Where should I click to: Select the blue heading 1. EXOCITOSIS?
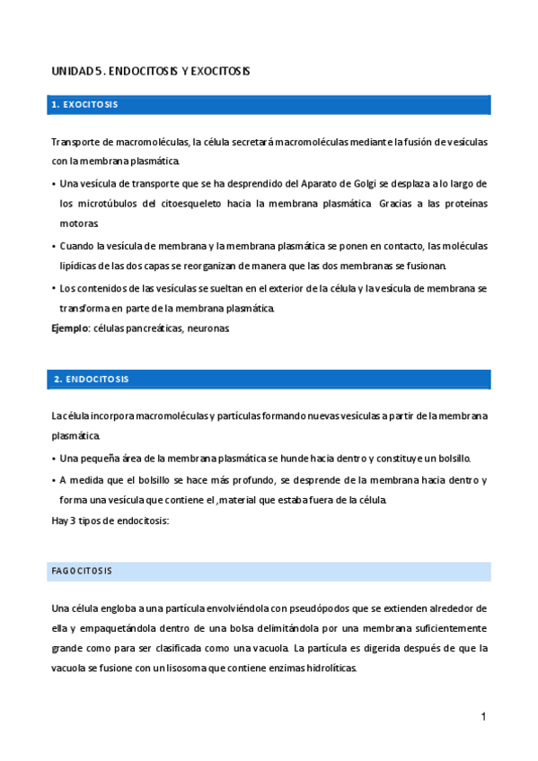click(x=85, y=105)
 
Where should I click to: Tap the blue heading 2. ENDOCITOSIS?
click(x=90, y=379)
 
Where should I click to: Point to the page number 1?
click(x=483, y=717)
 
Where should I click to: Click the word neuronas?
click(x=211, y=329)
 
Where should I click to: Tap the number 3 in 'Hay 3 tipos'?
click(x=74, y=521)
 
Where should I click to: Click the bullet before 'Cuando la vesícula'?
click(x=54, y=246)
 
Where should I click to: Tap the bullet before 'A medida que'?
click(x=54, y=480)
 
